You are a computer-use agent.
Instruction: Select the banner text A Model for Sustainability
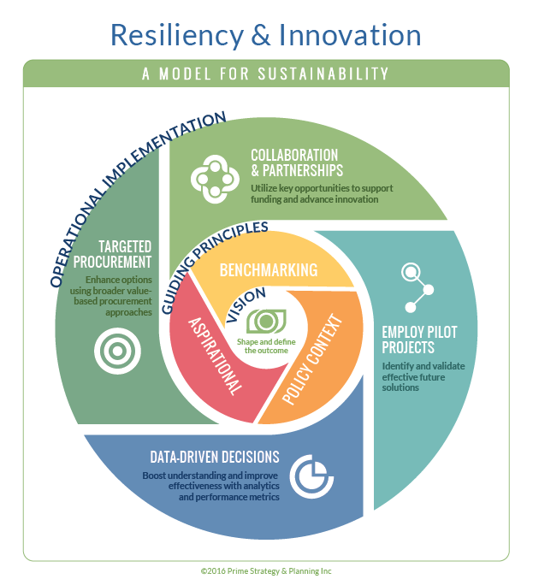click(x=266, y=74)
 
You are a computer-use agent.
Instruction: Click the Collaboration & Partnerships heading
click(x=294, y=162)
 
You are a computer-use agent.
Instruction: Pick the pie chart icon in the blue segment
click(x=309, y=476)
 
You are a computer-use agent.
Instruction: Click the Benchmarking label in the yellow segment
click(x=269, y=270)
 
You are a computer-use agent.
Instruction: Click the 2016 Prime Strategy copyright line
click(x=267, y=570)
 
